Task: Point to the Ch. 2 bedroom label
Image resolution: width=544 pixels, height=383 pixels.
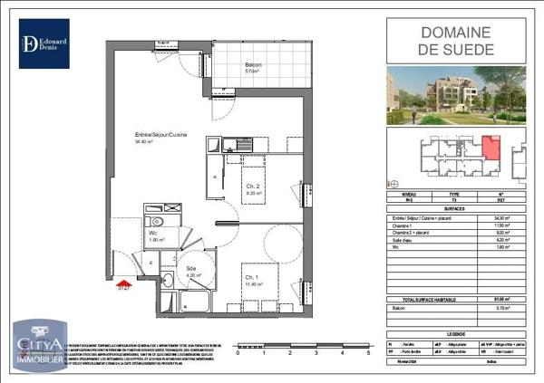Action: point(253,187)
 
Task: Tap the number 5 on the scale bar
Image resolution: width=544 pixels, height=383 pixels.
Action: point(369,351)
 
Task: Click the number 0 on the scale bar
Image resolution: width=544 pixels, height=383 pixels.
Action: point(238,351)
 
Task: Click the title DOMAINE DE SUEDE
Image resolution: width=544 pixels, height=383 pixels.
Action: point(458,40)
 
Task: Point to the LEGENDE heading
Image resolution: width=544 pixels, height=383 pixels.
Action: point(457,333)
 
